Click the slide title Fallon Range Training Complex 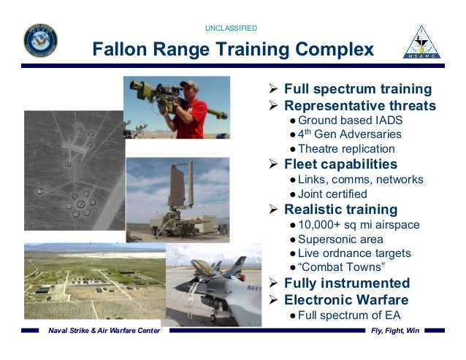coord(232,49)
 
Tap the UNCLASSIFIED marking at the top coord(232,28)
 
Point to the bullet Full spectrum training coord(357,89)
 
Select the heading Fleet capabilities coord(340,164)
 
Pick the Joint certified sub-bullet coord(332,194)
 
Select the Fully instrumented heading coord(347,283)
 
